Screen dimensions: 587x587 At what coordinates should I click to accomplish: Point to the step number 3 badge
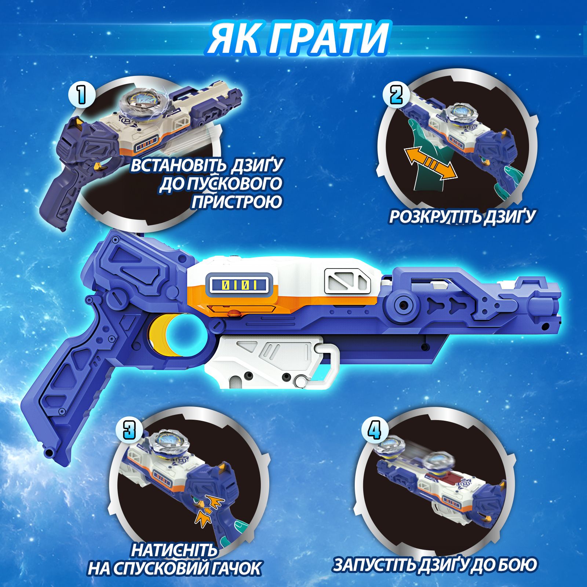pyautogui.click(x=129, y=430)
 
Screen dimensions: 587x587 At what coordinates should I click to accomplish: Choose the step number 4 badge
pyautogui.click(x=374, y=430)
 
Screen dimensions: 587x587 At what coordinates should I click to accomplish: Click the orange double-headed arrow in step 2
pyautogui.click(x=431, y=164)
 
